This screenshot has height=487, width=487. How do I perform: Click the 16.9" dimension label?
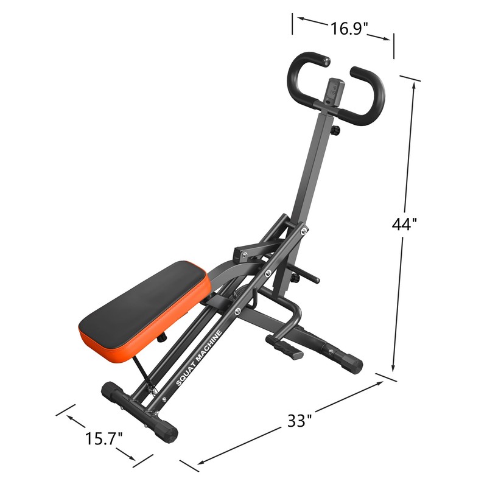tap(350, 29)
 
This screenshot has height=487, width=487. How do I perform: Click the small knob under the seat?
tap(163, 336)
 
